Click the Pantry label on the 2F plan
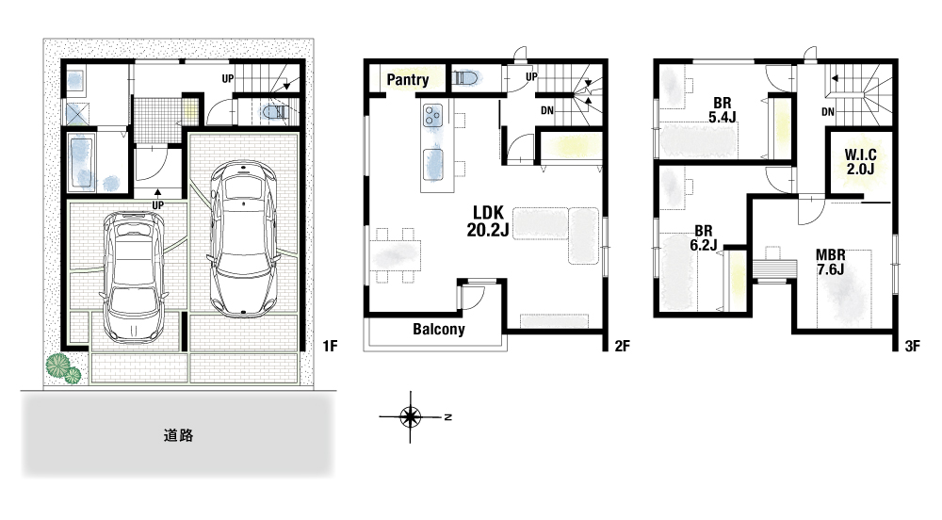click(x=407, y=79)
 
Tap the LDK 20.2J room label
click(x=488, y=220)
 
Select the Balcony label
click(x=439, y=329)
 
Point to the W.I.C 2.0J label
click(x=860, y=162)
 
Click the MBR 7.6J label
click(x=830, y=263)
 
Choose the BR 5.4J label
click(x=723, y=110)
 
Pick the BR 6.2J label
click(x=704, y=237)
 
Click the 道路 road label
click(x=178, y=435)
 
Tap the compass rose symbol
click(x=411, y=416)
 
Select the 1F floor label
click(x=330, y=346)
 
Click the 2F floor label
click(x=622, y=346)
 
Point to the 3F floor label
click(x=912, y=346)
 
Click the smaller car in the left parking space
click(x=133, y=276)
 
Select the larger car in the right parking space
click(x=243, y=237)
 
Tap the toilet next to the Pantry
click(x=465, y=78)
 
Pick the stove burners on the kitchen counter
click(x=432, y=115)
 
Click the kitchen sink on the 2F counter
click(x=432, y=164)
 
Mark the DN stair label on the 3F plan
click(x=827, y=112)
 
